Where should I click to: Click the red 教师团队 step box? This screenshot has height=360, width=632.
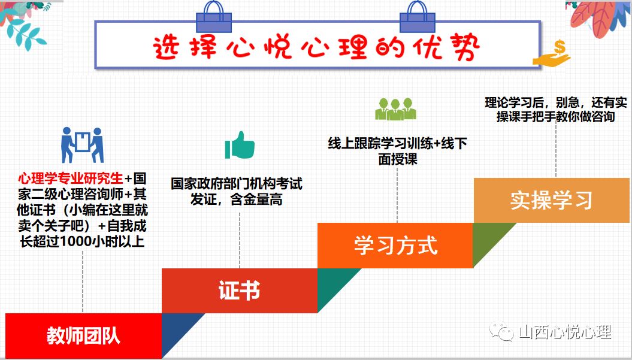pos(83,335)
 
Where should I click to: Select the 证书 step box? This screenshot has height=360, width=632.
pos(240,291)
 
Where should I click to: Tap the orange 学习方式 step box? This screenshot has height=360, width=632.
pos(395,245)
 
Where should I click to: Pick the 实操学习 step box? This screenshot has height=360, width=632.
pos(551,200)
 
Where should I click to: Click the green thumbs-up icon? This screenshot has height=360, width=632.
pos(240,145)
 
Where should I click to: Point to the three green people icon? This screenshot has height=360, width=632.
pos(395,109)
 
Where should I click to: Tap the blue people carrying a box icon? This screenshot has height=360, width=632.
pos(82,145)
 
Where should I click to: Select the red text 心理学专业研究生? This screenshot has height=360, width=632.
pos(71,178)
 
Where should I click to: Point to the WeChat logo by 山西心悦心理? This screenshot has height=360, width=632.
pos(502,331)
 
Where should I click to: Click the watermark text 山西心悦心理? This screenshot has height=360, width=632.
pos(565,332)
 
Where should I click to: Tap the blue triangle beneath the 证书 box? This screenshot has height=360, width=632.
pos(177,329)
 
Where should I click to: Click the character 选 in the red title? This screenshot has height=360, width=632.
pos(166,47)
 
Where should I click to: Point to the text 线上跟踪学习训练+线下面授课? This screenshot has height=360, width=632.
pos(397,151)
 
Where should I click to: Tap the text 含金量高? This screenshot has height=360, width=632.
pos(256,199)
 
